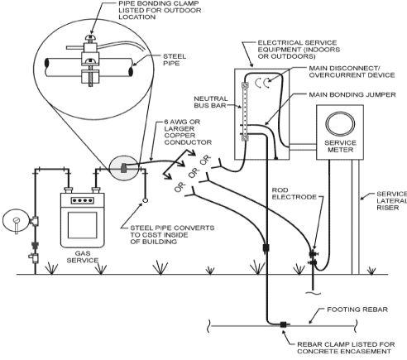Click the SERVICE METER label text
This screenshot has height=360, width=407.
(340, 146)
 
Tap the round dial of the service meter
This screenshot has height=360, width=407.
(340, 124)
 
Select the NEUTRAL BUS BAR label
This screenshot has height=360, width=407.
(211, 102)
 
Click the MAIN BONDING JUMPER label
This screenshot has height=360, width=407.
(352, 94)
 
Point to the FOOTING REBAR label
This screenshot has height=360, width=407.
(357, 310)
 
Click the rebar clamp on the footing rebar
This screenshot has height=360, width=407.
(284, 324)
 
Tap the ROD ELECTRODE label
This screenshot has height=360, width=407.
(294, 194)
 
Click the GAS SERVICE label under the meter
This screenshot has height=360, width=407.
(83, 257)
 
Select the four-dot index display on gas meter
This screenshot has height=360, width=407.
(82, 200)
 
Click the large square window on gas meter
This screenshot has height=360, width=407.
(83, 225)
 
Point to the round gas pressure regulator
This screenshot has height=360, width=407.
(16, 221)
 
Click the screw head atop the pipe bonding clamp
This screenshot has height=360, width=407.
(90, 37)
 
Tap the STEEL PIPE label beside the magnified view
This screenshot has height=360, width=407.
(175, 60)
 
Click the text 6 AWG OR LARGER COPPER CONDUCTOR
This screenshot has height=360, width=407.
(188, 132)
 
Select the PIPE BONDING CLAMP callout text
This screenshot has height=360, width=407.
(160, 10)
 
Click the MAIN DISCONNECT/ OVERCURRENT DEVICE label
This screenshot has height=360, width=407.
(352, 71)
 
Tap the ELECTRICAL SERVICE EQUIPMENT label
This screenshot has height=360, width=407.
(299, 50)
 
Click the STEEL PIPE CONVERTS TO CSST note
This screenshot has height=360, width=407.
(172, 235)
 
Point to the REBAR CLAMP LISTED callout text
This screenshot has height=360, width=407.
(346, 348)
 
